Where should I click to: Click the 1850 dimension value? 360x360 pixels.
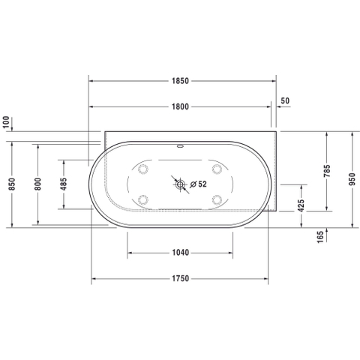click(180, 81)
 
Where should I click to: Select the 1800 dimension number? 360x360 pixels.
click(180, 106)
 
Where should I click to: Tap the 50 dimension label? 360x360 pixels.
click(285, 100)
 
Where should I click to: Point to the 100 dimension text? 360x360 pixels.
click(6, 122)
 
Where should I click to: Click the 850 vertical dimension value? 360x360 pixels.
click(12, 184)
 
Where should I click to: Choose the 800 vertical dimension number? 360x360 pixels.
click(37, 184)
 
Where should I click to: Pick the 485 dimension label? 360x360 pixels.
click(64, 184)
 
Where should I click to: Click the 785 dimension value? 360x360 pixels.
click(327, 171)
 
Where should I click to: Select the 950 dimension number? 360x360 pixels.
click(352, 179)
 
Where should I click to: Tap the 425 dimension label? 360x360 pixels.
click(301, 205)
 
